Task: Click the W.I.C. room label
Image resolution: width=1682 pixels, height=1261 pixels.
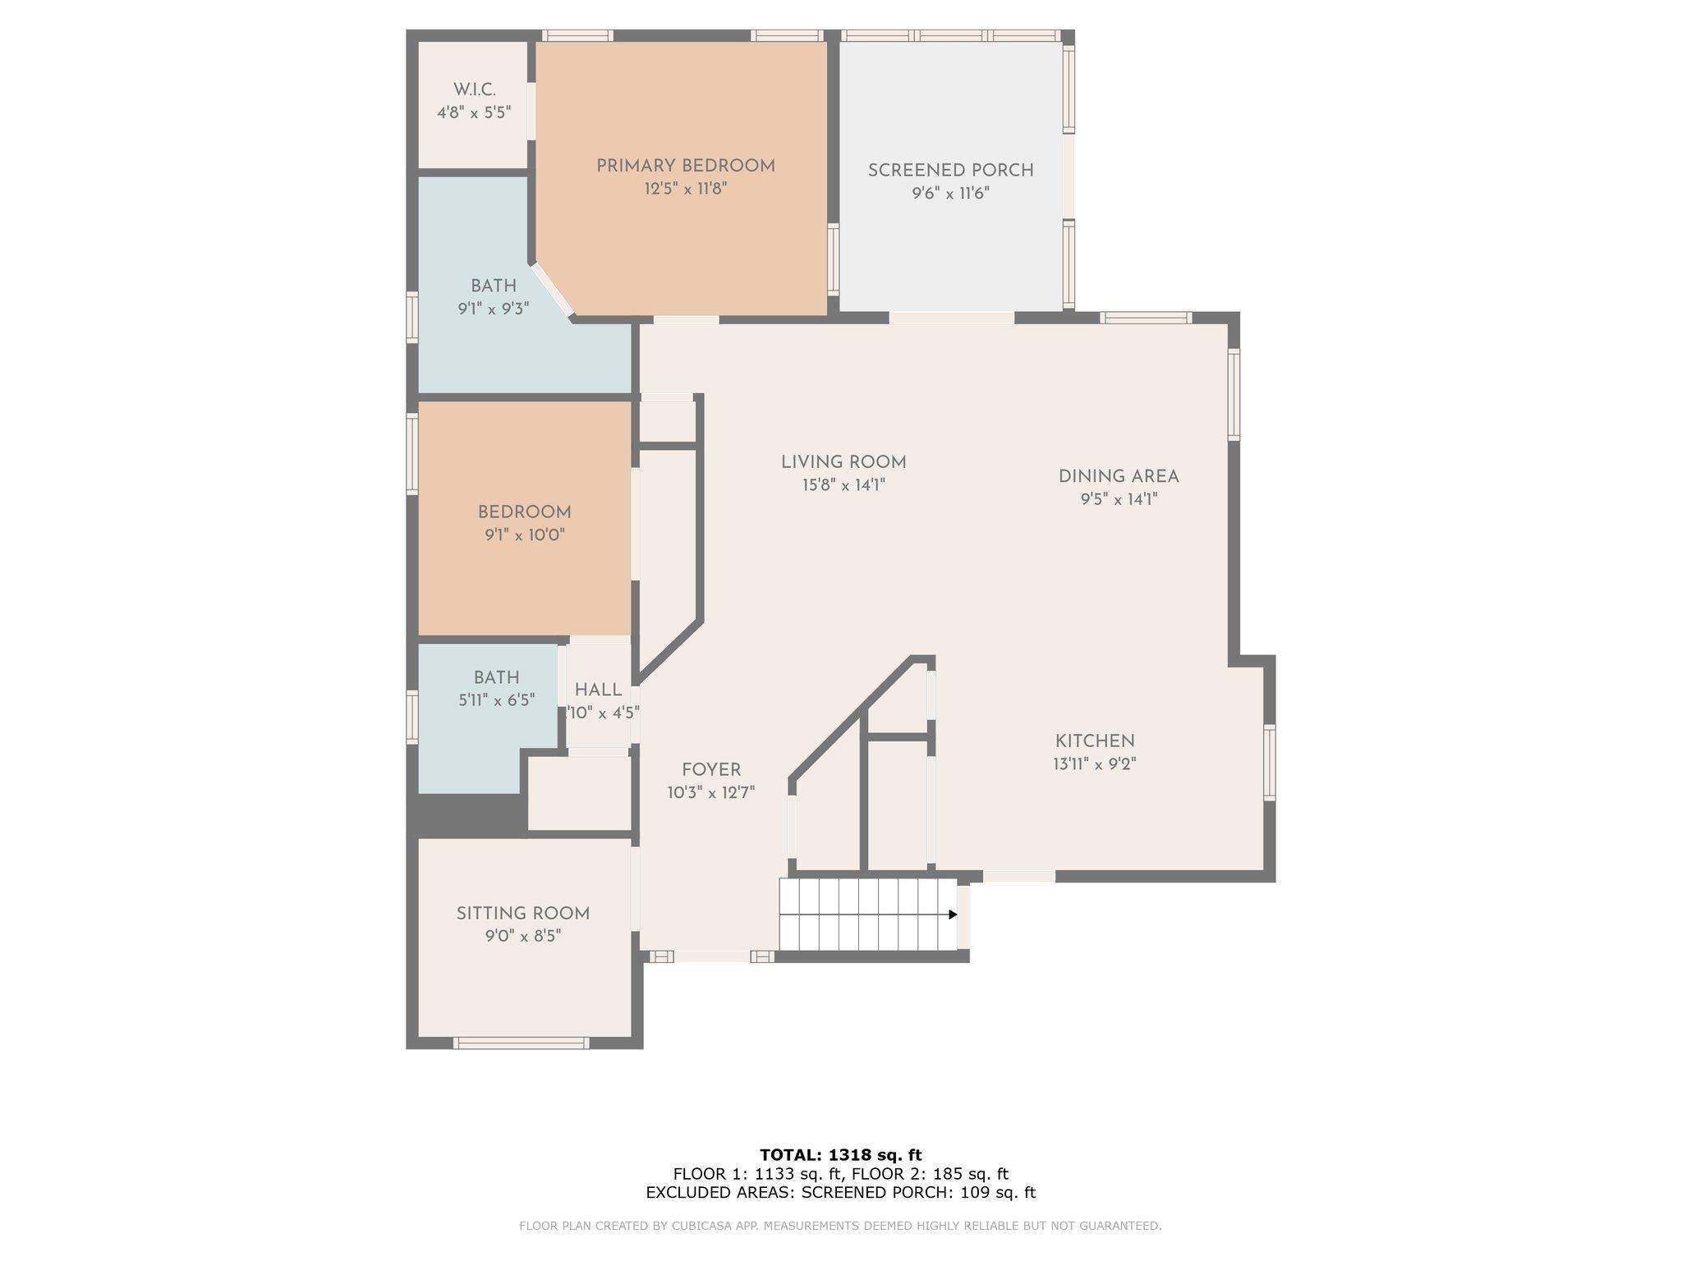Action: point(474,89)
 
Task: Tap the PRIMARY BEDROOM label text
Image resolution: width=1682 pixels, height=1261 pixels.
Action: point(686,166)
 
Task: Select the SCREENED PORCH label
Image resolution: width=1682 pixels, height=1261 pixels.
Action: point(951,171)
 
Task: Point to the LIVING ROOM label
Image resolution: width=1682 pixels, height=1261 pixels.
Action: point(843,462)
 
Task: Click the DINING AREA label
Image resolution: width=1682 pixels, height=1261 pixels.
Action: point(1119,476)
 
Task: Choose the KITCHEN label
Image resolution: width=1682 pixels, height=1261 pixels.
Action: point(1095,741)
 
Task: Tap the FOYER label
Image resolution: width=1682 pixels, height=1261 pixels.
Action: point(711,770)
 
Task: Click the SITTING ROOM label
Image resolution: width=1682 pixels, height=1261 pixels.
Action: point(523,914)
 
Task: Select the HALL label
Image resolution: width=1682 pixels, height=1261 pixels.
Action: point(599,690)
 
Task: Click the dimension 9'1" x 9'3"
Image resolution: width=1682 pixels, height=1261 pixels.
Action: point(494,310)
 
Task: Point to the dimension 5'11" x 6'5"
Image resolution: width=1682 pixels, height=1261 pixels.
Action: point(497,700)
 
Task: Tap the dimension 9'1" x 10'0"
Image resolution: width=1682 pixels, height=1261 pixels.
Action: point(525,535)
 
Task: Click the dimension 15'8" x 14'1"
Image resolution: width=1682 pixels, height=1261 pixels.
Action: point(843,485)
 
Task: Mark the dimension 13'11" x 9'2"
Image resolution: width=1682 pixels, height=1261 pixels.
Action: point(1095,764)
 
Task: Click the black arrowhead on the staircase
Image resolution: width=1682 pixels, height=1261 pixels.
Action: point(953,915)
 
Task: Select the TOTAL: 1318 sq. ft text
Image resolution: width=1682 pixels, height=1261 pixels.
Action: point(841,1155)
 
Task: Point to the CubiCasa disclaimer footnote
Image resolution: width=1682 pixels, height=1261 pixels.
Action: point(840,1226)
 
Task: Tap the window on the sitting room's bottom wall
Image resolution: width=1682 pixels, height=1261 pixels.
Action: point(521,1043)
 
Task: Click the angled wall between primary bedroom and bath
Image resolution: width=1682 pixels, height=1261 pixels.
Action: point(553,291)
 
